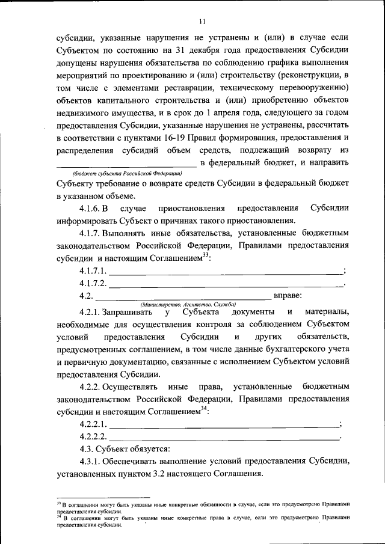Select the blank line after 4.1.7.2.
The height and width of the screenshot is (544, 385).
point(225,283)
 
